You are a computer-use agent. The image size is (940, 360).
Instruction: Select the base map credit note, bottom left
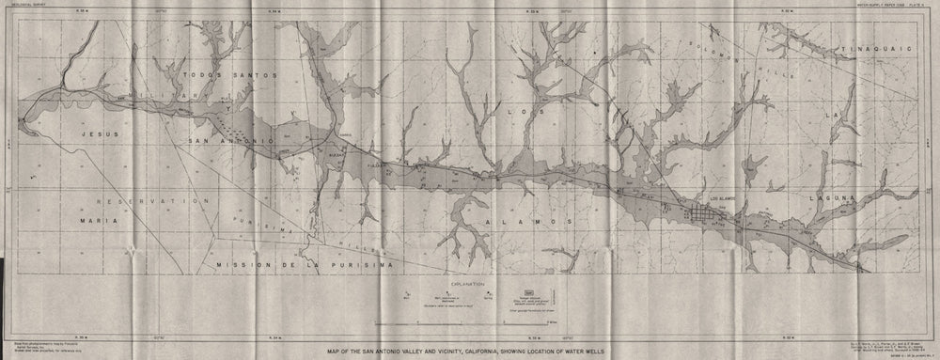[x=38, y=347]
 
